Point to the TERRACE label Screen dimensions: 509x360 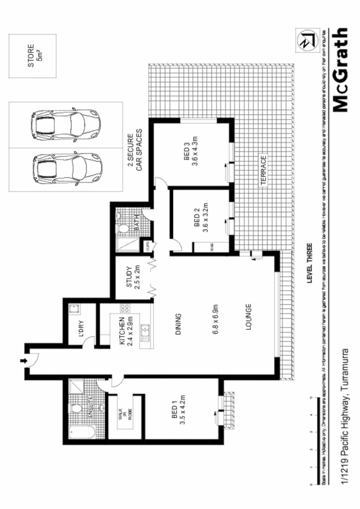[x=263, y=171]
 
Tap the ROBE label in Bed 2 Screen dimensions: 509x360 [x=212, y=247]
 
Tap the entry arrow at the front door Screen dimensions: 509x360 [x=23, y=361]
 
